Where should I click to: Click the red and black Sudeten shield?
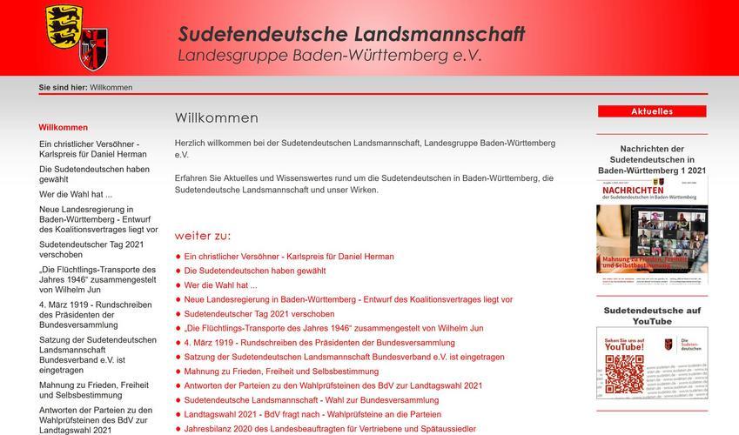[x=94, y=50]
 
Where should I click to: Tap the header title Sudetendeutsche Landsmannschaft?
[x=352, y=34]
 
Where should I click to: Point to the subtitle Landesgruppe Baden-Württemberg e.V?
[x=329, y=56]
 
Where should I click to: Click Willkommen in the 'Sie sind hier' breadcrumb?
[x=111, y=88]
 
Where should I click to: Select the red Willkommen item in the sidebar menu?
[x=64, y=127]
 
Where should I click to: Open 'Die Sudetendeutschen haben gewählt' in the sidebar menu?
[x=94, y=175]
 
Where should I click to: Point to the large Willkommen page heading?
[x=216, y=117]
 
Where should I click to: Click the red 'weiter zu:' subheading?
[x=203, y=236]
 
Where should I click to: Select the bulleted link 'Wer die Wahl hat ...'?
[x=221, y=284]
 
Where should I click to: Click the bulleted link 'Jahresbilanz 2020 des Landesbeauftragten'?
[x=330, y=429]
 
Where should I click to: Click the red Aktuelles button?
[x=651, y=111]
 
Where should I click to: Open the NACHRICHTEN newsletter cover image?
[x=651, y=231]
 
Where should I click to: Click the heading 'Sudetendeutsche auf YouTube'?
[x=651, y=316]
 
